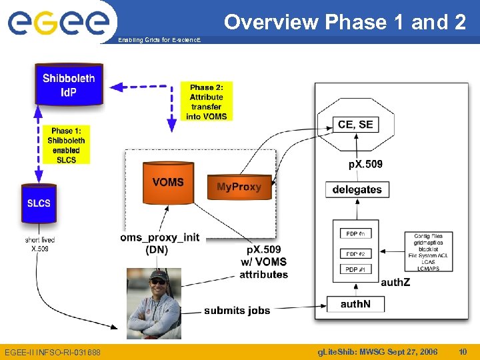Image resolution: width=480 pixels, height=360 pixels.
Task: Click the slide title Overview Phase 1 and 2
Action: click(x=345, y=22)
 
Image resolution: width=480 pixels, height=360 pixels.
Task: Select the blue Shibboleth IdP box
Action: click(x=69, y=85)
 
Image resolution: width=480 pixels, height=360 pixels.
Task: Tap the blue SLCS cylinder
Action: click(x=39, y=203)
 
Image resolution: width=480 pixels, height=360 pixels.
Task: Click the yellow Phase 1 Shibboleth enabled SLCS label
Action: click(x=67, y=145)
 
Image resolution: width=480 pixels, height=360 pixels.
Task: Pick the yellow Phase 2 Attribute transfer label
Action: click(x=207, y=102)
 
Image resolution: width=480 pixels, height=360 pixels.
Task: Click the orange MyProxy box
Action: click(x=239, y=187)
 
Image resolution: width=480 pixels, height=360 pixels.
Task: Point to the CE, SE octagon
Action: click(x=355, y=125)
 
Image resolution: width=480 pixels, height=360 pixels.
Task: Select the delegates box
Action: click(x=357, y=189)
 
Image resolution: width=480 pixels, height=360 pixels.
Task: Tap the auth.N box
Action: click(x=357, y=304)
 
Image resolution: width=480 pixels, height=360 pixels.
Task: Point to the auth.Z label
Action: click(x=396, y=282)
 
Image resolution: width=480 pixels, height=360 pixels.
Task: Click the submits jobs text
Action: click(x=237, y=310)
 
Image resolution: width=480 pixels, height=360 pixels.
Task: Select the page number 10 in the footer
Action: click(x=463, y=351)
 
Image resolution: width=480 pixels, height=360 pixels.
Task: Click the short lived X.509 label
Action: click(x=40, y=244)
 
